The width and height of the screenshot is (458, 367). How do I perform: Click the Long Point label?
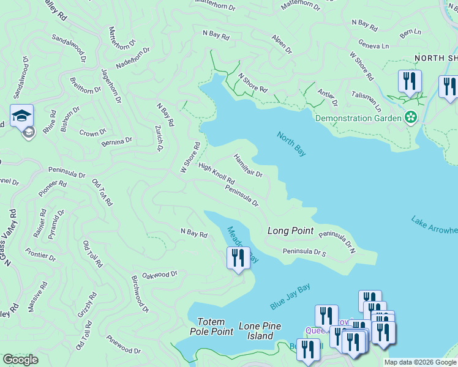tap(291, 231)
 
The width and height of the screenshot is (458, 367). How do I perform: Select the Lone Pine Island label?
tap(260, 331)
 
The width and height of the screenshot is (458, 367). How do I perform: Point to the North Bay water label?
tap(291, 144)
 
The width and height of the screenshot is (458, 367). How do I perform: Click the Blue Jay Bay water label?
tap(290, 297)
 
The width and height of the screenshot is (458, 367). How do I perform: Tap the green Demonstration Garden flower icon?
tap(410, 117)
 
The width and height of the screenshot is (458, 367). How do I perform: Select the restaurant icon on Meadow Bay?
tap(238, 258)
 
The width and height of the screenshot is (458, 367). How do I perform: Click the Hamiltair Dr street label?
tap(248, 166)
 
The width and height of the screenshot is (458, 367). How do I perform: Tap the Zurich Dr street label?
tap(159, 139)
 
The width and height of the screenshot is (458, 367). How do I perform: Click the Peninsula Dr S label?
tap(304, 251)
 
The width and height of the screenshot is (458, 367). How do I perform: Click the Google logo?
tap(20, 360)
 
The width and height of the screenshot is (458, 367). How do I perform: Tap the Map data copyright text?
tap(419, 362)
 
